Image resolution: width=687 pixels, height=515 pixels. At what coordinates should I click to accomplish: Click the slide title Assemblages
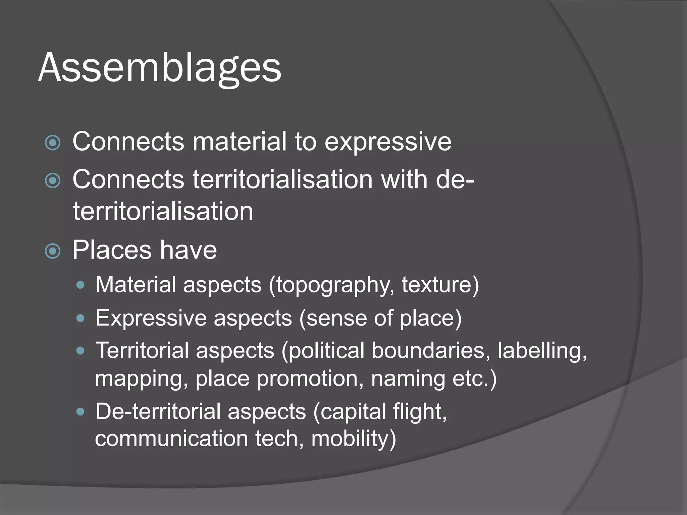click(x=160, y=68)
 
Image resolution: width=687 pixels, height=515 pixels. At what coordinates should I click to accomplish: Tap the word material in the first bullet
click(x=240, y=141)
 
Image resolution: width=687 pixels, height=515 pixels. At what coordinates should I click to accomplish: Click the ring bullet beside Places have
click(x=53, y=251)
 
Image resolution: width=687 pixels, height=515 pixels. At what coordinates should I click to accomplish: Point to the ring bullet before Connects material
click(x=53, y=143)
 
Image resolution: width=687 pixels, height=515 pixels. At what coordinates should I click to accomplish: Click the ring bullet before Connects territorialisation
click(x=53, y=181)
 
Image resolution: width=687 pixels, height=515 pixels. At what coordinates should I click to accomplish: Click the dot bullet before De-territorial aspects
click(x=80, y=411)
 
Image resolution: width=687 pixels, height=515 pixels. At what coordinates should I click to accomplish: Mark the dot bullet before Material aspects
click(x=80, y=285)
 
